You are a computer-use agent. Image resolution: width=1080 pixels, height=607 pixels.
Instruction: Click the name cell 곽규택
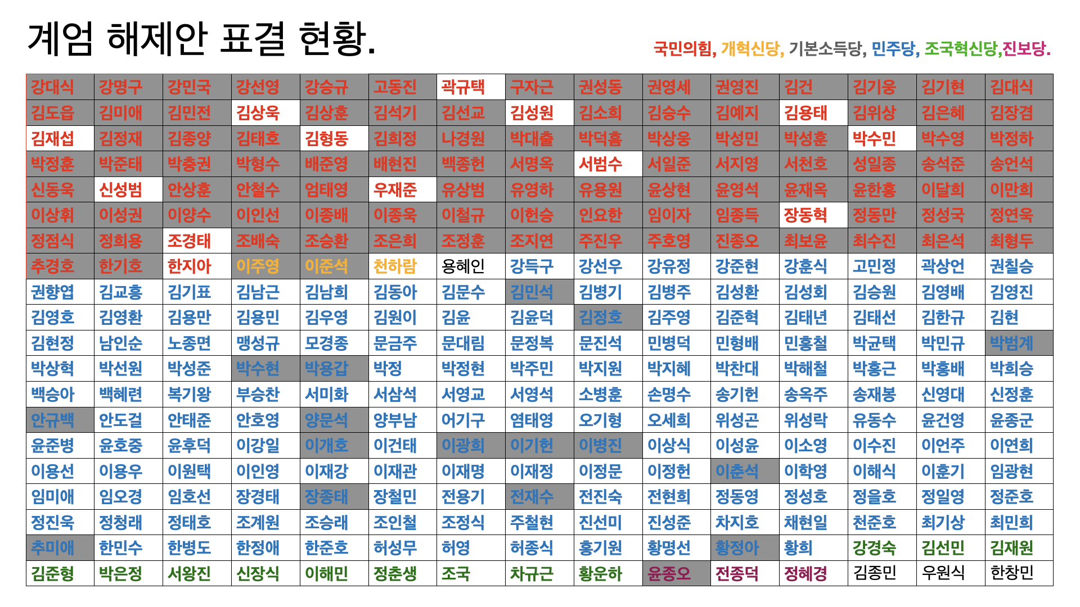[x=463, y=87]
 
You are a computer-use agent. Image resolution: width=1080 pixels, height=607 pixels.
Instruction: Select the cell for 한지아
[x=189, y=266]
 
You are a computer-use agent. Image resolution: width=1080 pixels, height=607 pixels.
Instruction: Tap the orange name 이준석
[x=326, y=266]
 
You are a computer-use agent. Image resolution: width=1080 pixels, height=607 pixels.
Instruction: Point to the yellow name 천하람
[x=395, y=266]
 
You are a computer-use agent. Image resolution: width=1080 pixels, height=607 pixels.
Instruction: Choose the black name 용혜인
[x=463, y=266]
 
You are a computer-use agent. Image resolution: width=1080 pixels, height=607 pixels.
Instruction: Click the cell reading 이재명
[x=463, y=471]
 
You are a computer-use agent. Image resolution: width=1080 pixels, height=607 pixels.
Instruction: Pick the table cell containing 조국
[x=456, y=573]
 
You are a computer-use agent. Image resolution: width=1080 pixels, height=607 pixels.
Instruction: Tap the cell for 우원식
[x=943, y=573]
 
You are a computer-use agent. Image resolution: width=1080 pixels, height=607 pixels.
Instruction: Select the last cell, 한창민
[x=1011, y=573]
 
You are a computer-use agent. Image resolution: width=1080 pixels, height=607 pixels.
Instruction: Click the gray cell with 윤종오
[x=669, y=573]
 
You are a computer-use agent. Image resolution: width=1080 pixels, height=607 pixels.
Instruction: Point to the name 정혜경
[x=805, y=573]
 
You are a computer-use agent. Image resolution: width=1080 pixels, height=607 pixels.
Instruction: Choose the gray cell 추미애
[x=52, y=547]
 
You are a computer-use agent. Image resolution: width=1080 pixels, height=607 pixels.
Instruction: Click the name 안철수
[x=258, y=189]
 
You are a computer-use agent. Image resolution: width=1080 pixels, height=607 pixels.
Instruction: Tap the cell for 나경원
[x=463, y=138]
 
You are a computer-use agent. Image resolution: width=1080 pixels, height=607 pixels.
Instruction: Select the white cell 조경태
[x=189, y=241]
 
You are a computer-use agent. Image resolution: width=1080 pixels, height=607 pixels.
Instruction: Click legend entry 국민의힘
[x=683, y=49]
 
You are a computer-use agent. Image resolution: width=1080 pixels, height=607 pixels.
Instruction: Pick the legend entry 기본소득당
[x=825, y=49]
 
